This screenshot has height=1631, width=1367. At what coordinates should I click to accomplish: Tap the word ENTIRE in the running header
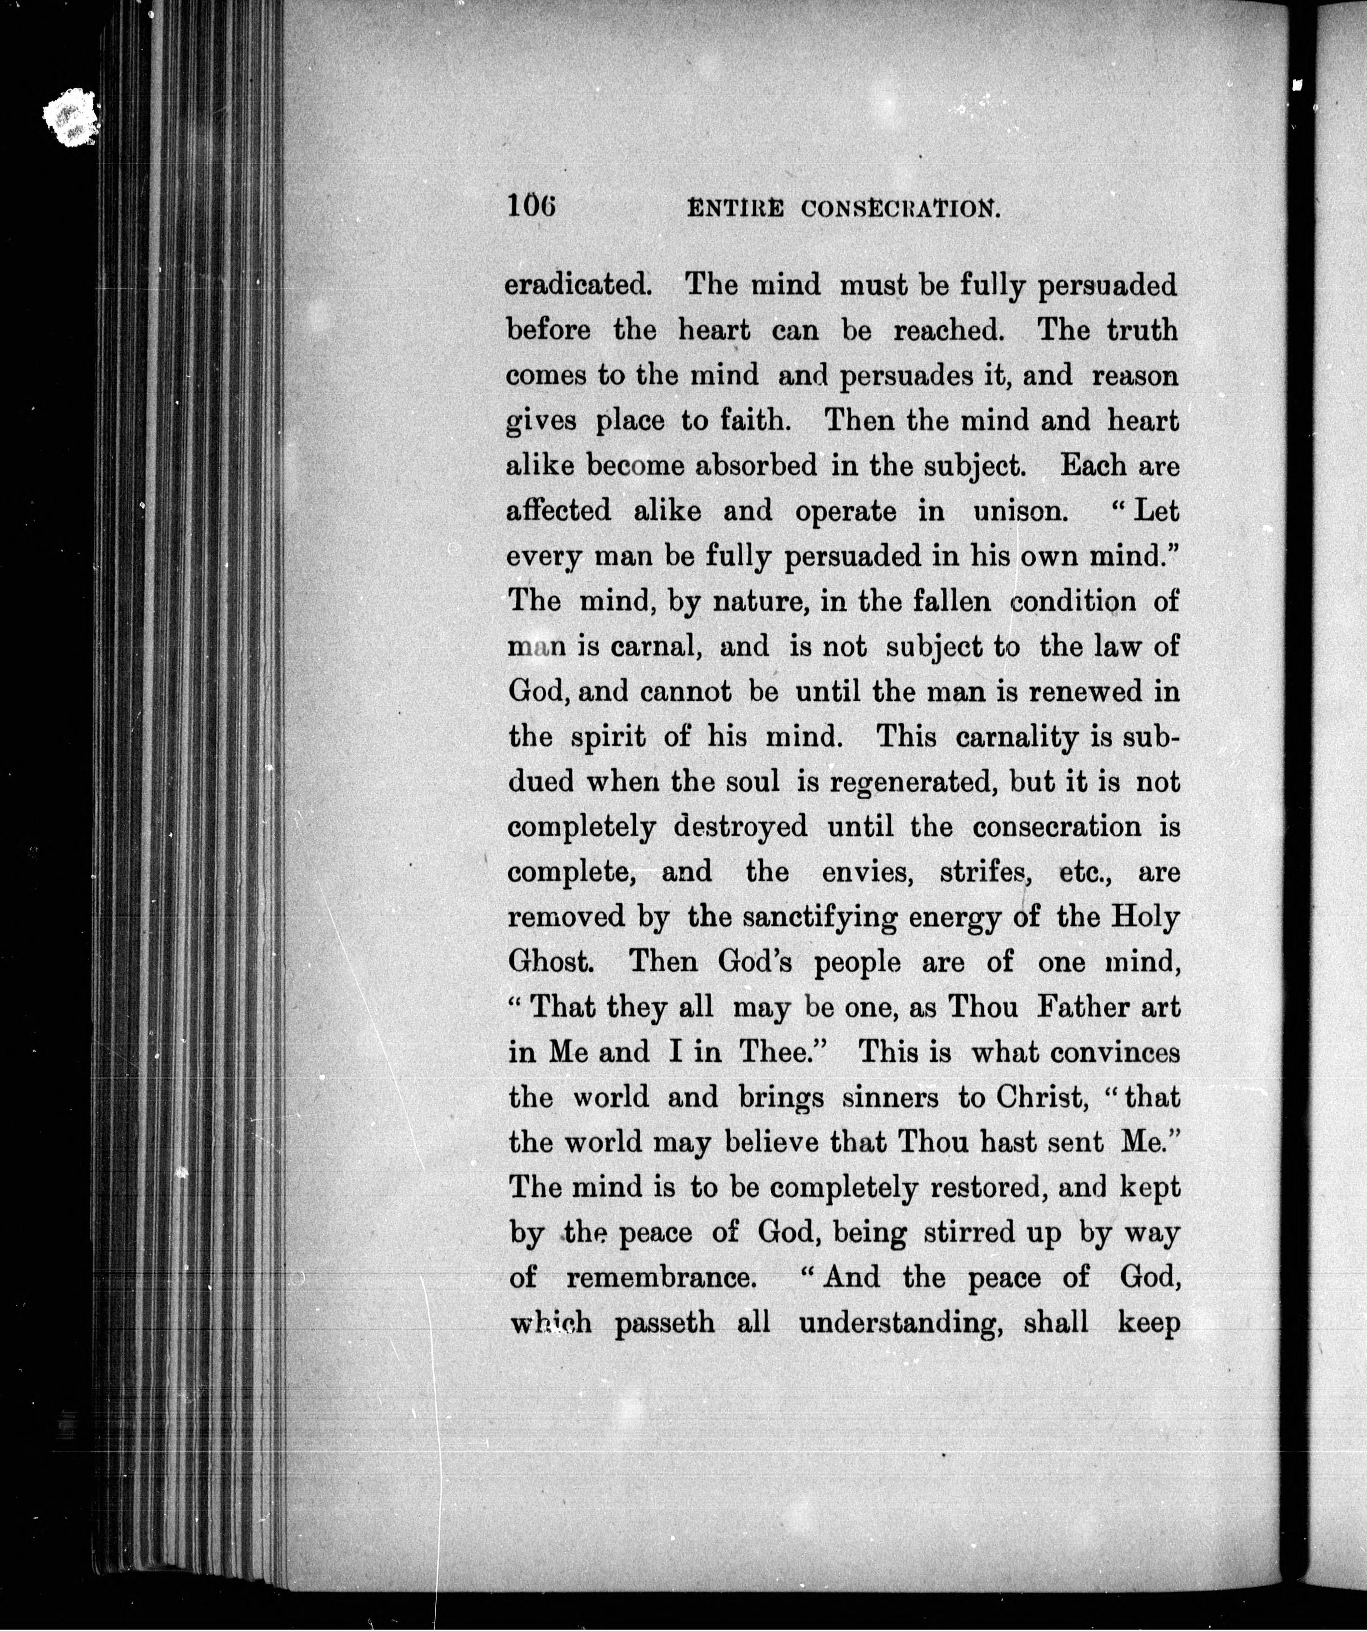click(x=736, y=208)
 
